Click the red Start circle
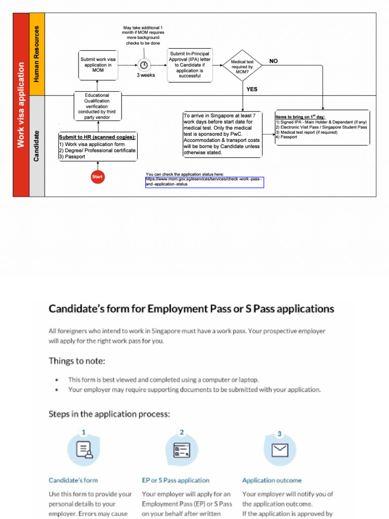click(97, 177)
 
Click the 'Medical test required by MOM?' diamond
click(243, 66)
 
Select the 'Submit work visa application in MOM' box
click(98, 65)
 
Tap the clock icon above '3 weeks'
click(144, 65)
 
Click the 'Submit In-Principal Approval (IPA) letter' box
click(189, 65)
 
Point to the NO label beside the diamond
click(274, 61)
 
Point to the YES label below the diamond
click(252, 89)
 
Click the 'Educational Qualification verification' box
click(97, 106)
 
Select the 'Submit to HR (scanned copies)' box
click(98, 146)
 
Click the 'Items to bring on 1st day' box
click(322, 128)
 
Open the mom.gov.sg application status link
click(205, 182)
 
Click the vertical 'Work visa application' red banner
click(21, 104)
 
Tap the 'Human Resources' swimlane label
click(37, 54)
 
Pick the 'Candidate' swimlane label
click(37, 146)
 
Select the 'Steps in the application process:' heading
click(109, 414)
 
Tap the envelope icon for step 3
click(280, 450)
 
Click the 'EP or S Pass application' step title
click(175, 480)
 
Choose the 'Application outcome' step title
click(271, 480)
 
